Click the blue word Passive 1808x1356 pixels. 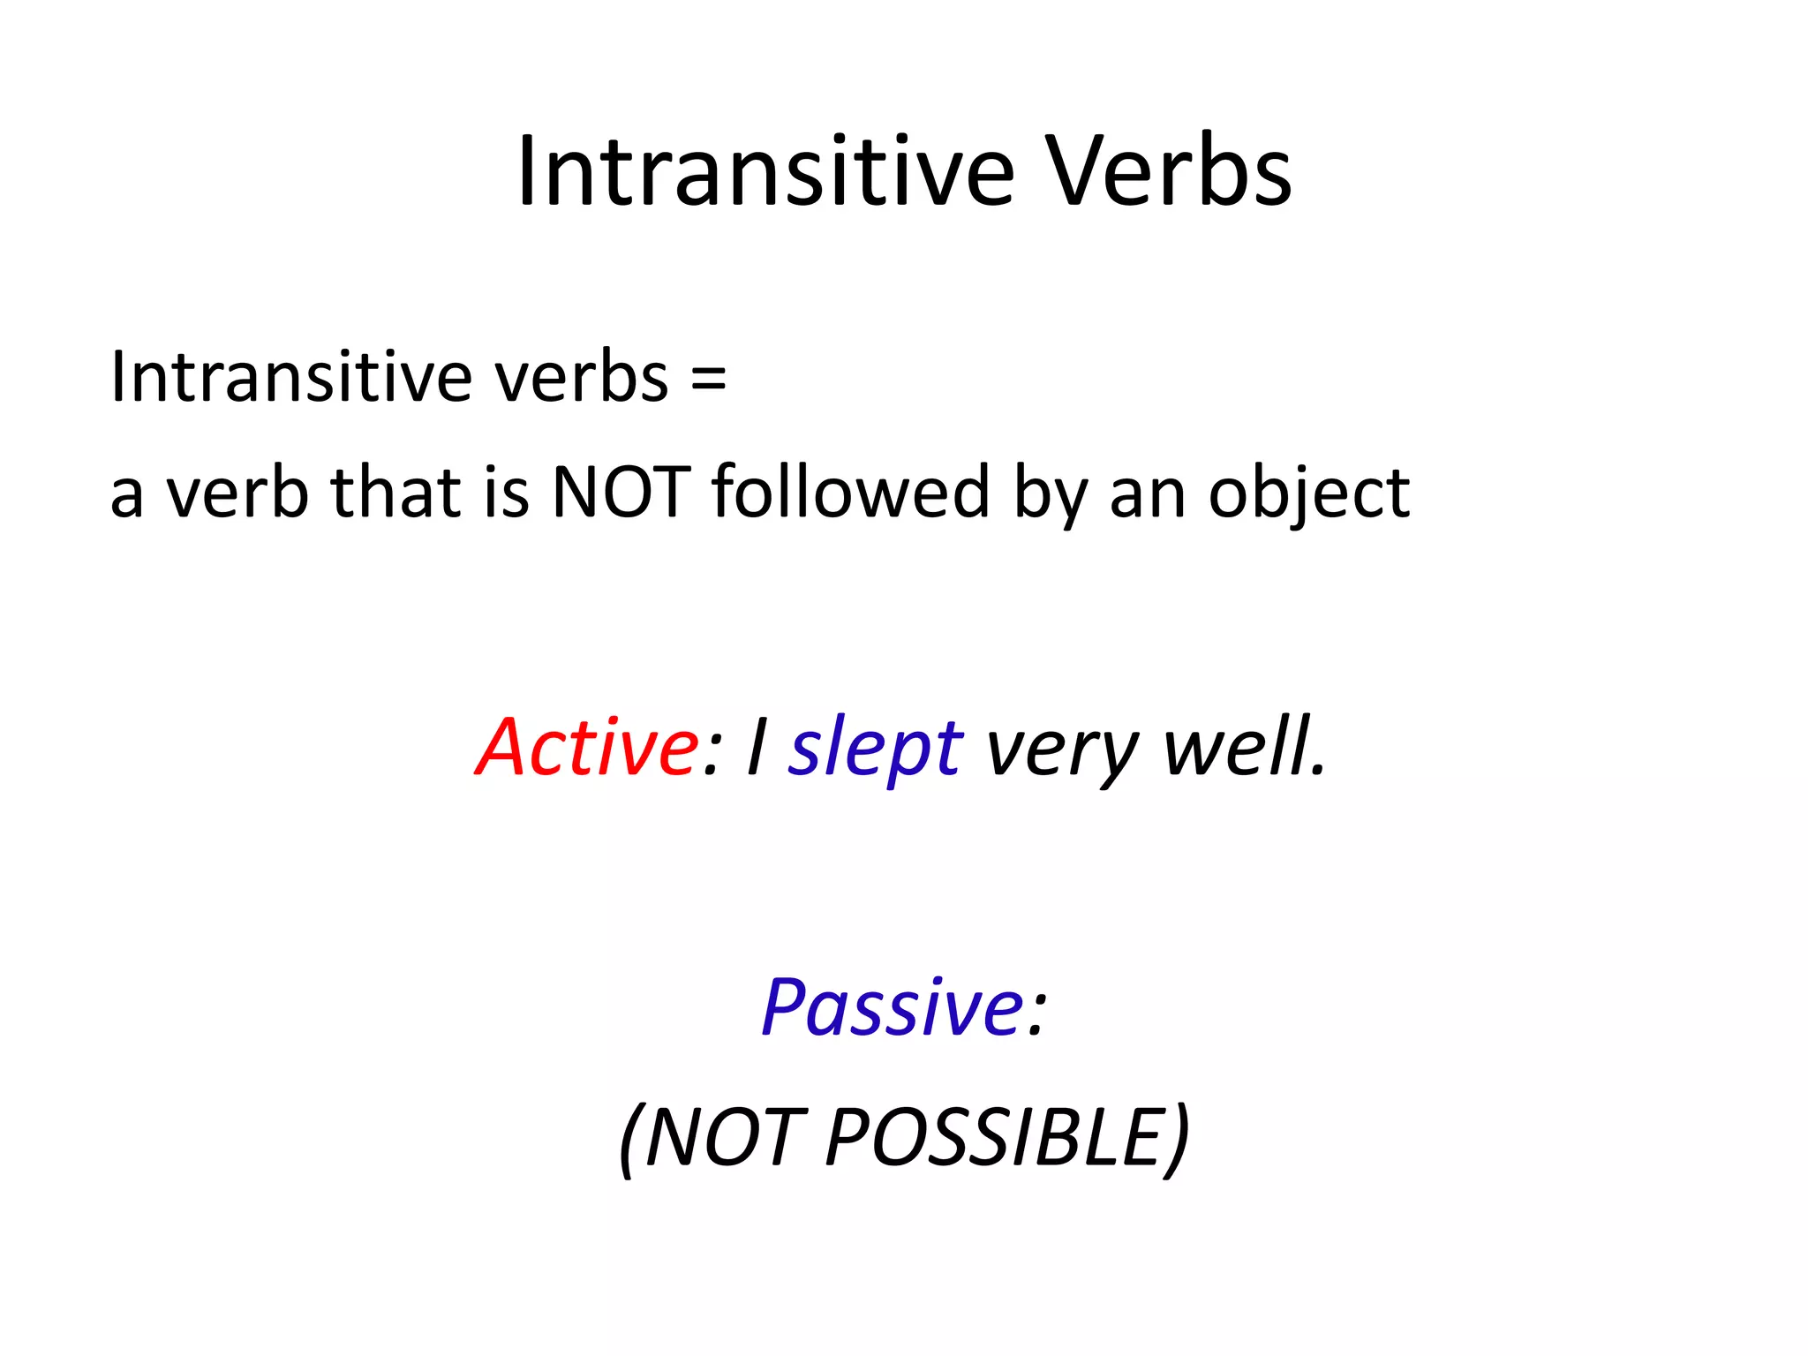[x=892, y=1007]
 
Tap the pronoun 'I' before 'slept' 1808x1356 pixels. [x=756, y=748]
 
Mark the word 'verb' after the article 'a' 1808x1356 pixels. [x=237, y=492]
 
